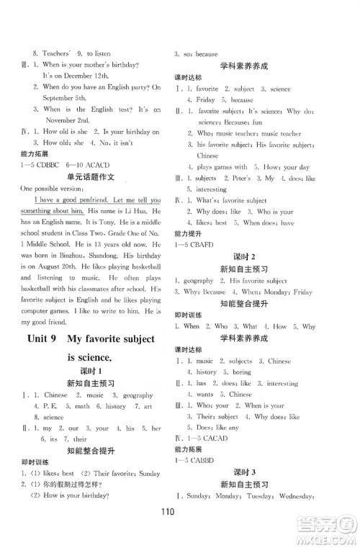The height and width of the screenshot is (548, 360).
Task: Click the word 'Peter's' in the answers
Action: click(238, 178)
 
